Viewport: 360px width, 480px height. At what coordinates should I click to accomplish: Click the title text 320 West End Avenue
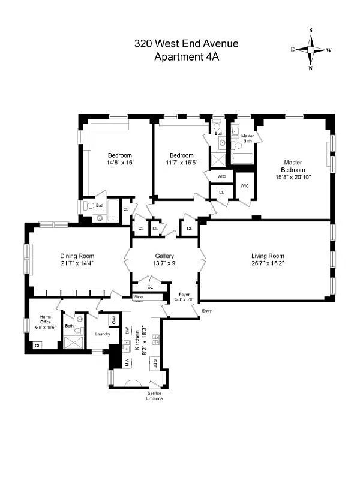[x=186, y=43]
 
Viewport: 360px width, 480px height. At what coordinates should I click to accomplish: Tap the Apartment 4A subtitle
[x=186, y=57]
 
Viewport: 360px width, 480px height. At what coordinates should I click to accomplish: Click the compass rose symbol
[x=311, y=49]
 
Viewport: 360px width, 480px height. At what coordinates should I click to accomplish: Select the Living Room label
[x=268, y=256]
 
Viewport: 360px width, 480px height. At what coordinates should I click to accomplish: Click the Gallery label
[x=164, y=256]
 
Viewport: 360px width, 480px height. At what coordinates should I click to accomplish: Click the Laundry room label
[x=102, y=334]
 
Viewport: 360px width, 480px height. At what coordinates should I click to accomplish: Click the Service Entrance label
[x=154, y=396]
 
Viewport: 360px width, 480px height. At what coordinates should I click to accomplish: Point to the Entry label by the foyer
[x=207, y=311]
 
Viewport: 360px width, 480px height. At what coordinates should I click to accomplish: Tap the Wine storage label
[x=138, y=297]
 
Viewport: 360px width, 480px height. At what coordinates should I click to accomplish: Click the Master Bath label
[x=247, y=138]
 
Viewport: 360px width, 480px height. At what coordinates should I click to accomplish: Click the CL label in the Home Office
[x=37, y=346]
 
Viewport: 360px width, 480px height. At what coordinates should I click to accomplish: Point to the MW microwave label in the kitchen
[x=127, y=362]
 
